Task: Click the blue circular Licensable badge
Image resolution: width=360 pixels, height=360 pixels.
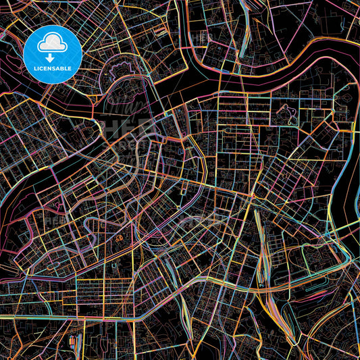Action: click(x=53, y=53)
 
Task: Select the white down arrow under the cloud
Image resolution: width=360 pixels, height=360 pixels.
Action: click(x=53, y=57)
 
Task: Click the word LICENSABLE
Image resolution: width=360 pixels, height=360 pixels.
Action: click(x=53, y=69)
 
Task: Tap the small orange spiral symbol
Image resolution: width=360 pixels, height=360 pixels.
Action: click(x=120, y=238)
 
